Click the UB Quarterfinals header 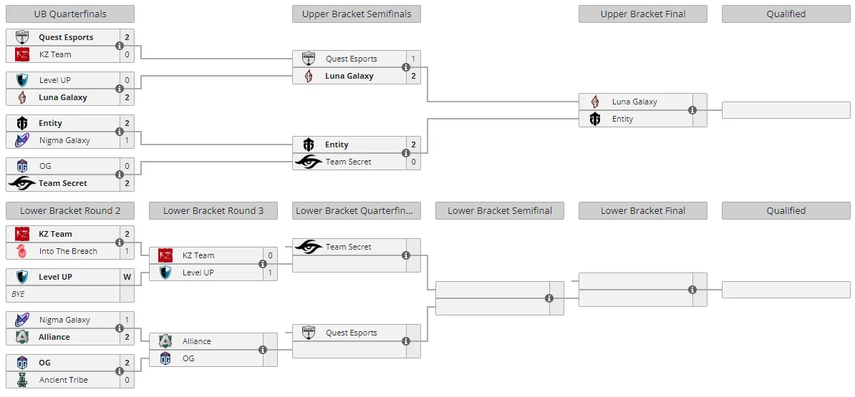(x=69, y=14)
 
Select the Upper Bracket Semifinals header (x=357, y=14)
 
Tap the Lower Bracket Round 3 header (x=213, y=211)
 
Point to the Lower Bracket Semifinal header (x=500, y=211)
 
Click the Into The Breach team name (x=68, y=251)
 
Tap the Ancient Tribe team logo (x=21, y=380)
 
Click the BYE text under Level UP (x=18, y=294)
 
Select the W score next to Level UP (x=127, y=277)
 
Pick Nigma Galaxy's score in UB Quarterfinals (x=127, y=140)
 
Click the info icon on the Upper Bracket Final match (x=692, y=110)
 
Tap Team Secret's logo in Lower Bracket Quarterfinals (x=309, y=247)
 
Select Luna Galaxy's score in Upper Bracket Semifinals (x=413, y=76)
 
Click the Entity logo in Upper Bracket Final (x=595, y=119)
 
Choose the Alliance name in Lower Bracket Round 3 (x=196, y=341)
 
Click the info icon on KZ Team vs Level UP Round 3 (x=263, y=263)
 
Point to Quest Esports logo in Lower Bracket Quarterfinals (x=309, y=332)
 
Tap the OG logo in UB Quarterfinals (x=21, y=166)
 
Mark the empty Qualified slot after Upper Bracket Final (x=786, y=110)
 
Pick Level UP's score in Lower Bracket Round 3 (x=270, y=273)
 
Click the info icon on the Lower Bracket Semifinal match (x=549, y=298)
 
